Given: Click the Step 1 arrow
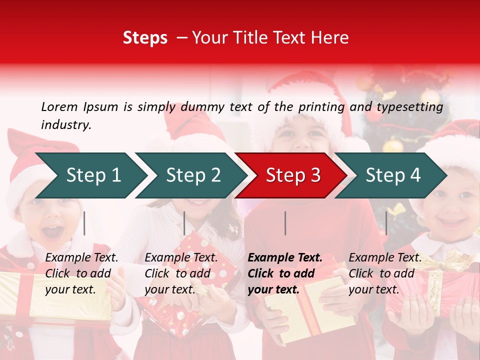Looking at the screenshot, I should [93, 175].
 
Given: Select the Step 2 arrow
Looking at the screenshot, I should [193, 175].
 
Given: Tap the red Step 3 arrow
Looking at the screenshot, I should [293, 175].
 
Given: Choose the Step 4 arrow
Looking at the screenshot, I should [393, 175].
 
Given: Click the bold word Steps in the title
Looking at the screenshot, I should [145, 38].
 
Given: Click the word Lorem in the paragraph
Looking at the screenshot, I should [59, 107].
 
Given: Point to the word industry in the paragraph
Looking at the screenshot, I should [65, 124].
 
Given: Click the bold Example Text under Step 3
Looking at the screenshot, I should [285, 258].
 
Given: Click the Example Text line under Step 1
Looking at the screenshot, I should [81, 258].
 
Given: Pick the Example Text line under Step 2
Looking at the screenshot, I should [181, 258].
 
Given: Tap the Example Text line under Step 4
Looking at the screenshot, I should [385, 258].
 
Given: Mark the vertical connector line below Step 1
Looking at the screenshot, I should [84, 223].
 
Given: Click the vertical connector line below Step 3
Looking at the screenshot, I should [285, 223].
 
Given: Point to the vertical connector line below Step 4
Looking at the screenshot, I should [386, 223].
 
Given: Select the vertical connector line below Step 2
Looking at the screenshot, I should [184, 223].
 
